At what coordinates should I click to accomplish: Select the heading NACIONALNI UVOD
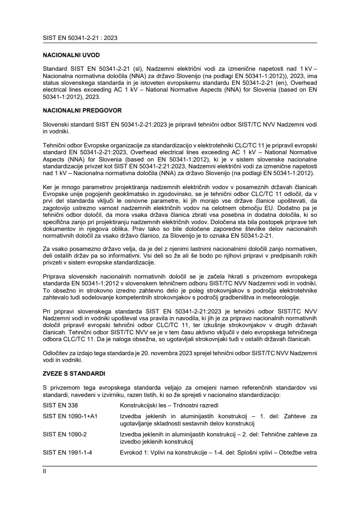(x=68, y=55)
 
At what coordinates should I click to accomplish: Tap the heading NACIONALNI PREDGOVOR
(x=78, y=110)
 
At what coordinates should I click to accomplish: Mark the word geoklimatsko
(x=121, y=181)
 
